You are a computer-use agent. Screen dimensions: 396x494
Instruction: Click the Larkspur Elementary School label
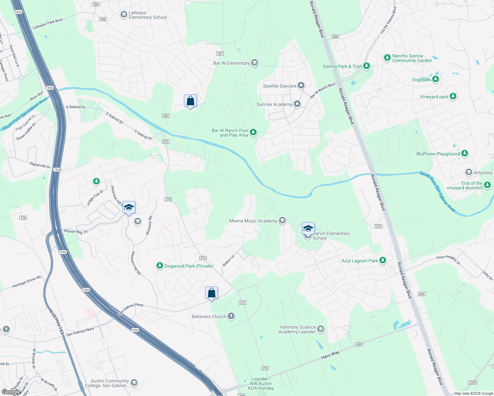coord(148,15)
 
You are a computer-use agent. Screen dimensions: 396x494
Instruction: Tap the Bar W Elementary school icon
coord(254,63)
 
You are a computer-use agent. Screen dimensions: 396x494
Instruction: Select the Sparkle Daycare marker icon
coord(301,85)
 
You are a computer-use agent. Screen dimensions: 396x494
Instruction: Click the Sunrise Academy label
coord(274,104)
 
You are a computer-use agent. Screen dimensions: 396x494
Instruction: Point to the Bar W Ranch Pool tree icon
coord(253,132)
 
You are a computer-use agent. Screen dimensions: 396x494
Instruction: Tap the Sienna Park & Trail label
coord(342,66)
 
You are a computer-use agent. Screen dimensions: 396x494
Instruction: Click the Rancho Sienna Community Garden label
coord(412,58)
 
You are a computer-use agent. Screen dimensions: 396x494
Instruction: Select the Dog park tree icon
coord(436,79)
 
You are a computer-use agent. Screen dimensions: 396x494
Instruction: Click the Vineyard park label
coord(434,97)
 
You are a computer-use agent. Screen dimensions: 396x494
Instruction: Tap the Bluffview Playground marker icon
coord(465,153)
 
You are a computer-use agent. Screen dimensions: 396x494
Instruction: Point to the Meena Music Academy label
coord(253,221)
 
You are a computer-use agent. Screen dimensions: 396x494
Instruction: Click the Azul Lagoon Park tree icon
coord(383,260)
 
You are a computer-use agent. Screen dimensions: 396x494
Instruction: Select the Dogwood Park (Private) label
coord(189,266)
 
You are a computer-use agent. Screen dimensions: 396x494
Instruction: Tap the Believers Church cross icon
coord(231,316)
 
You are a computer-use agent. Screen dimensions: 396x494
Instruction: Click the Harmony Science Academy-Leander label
coord(297,329)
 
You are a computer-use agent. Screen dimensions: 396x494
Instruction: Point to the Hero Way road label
coord(330,355)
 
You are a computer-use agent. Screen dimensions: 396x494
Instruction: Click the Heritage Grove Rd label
coord(26,281)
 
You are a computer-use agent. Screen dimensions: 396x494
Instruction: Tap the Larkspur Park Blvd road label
coord(47,24)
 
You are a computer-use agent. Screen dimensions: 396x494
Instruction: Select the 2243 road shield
coord(473,382)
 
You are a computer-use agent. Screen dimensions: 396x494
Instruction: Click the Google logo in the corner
coord(11,392)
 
